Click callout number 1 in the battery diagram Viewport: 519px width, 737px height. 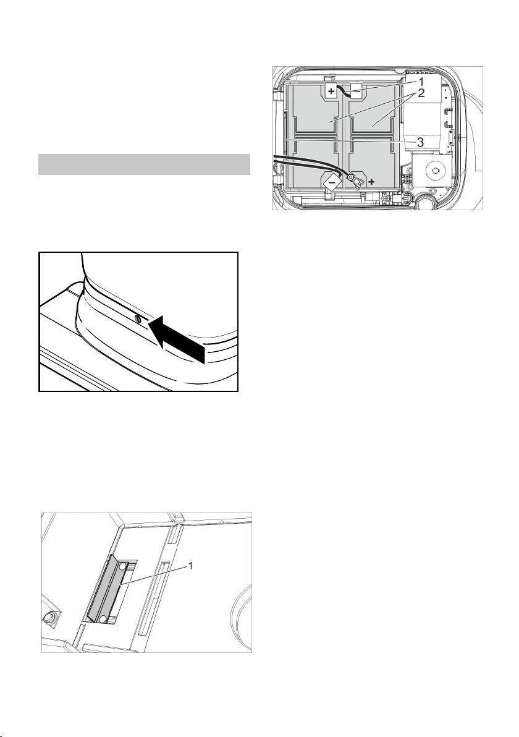pos(421,80)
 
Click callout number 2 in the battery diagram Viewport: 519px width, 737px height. pos(421,93)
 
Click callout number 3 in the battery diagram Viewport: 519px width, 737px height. pos(421,142)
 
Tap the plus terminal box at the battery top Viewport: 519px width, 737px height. pos(332,91)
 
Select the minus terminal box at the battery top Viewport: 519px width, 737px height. pos(355,93)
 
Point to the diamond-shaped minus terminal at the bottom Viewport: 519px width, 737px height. pos(331,181)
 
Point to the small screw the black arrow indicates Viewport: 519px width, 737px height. pos(138,320)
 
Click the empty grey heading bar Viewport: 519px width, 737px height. pos(144,164)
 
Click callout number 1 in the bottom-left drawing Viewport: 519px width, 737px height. pos(191,566)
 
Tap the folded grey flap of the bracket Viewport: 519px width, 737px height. pos(103,589)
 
